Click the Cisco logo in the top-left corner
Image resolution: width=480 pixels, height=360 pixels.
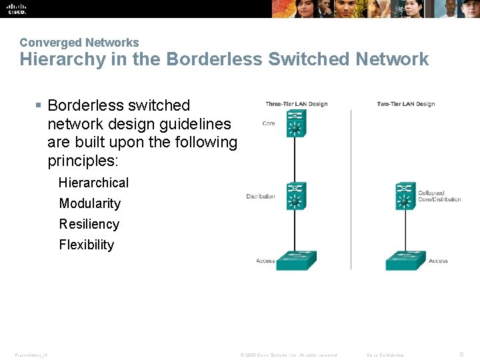[17, 9]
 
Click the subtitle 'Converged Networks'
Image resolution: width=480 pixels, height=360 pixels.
[79, 43]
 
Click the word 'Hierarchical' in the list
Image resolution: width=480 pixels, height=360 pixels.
[93, 183]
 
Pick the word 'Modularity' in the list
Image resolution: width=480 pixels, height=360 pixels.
[90, 203]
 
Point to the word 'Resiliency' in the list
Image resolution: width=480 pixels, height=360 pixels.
[89, 224]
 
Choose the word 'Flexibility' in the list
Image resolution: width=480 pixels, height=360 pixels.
[87, 245]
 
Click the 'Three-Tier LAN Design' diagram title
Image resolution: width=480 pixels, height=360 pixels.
[296, 104]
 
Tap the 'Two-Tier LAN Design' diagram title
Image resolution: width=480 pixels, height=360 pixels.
[405, 104]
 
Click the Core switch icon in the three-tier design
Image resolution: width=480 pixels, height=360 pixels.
[295, 123]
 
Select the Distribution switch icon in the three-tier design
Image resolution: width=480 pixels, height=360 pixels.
[295, 196]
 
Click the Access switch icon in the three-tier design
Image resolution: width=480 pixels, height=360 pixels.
[296, 260]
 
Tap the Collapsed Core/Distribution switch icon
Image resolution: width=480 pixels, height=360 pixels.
[405, 196]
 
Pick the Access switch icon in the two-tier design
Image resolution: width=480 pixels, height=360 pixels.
[405, 260]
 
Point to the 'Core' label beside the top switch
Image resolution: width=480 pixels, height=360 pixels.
[269, 123]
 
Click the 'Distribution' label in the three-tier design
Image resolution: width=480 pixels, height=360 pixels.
[261, 196]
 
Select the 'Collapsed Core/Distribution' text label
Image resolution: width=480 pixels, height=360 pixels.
[439, 196]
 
